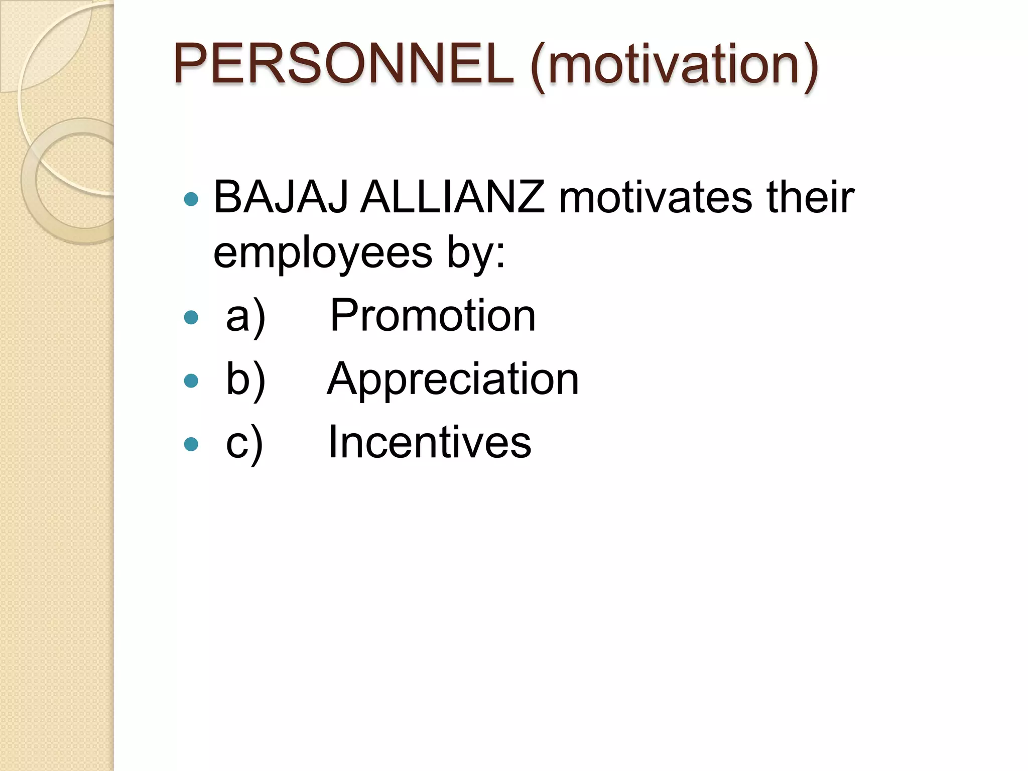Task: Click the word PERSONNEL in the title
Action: tap(343, 64)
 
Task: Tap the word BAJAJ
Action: tap(281, 197)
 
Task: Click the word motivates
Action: tap(656, 197)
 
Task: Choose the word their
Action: tap(810, 197)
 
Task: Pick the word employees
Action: tap(323, 253)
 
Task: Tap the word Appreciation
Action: tap(453, 379)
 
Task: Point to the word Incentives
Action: tap(430, 442)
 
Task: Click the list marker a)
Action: tap(245, 316)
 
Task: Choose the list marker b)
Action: tap(245, 379)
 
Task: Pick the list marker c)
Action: tap(244, 443)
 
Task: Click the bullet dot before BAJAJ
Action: tap(191, 199)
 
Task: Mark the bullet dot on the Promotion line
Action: tap(191, 317)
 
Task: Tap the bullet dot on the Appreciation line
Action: tap(191, 380)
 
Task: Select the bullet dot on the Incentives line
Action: tap(191, 444)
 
